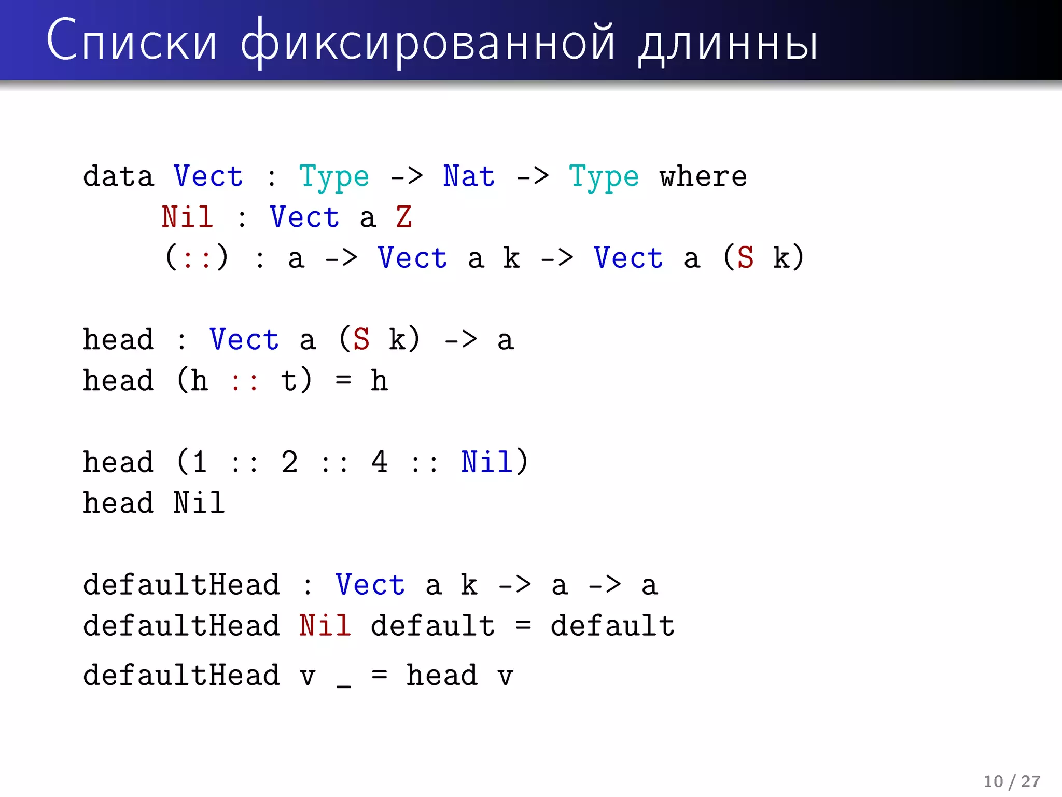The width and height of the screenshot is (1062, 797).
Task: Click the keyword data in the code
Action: [x=119, y=176]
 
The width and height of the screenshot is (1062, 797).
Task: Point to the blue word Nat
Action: [x=469, y=176]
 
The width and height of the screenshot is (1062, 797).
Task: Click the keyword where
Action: [x=703, y=176]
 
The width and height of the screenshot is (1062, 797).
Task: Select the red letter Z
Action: [x=403, y=217]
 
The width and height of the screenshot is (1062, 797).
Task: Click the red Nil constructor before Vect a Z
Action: [x=187, y=217]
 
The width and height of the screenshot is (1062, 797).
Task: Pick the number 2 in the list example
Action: [x=289, y=462]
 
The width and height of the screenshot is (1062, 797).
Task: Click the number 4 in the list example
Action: [x=379, y=462]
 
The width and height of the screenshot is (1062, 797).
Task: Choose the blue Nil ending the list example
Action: [x=486, y=462]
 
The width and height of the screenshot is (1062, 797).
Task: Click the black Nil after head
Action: [x=199, y=503]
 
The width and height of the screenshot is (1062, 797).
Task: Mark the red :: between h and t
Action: [x=244, y=381]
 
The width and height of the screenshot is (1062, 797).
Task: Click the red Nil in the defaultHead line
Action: [x=325, y=626]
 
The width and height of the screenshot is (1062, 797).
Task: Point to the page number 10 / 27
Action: [x=1012, y=781]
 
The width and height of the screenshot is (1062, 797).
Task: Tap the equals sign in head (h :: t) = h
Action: [x=343, y=380]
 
